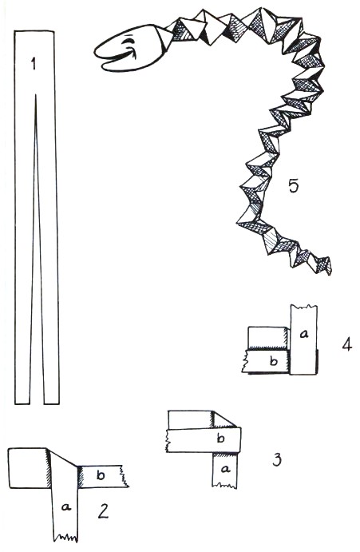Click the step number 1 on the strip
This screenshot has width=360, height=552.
(x=34, y=64)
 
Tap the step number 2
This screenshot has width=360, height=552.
(x=103, y=510)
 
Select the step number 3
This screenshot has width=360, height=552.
(x=277, y=459)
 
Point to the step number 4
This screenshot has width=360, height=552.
(x=347, y=344)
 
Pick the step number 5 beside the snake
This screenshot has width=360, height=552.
(x=294, y=185)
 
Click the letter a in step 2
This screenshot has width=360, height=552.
(x=65, y=506)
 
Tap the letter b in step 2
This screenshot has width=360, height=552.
(x=101, y=475)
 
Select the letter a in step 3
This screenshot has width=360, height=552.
(x=226, y=469)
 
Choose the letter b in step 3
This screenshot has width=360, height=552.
(x=220, y=439)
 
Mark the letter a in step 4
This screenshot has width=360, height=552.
(x=304, y=333)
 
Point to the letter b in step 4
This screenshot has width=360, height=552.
(x=274, y=361)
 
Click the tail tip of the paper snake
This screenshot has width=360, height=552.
(x=330, y=272)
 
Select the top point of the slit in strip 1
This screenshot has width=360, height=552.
(x=36, y=94)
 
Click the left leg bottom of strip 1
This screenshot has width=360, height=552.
(x=22, y=403)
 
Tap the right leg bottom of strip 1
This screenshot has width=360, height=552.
(x=51, y=403)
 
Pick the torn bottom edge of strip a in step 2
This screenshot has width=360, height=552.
(x=65, y=538)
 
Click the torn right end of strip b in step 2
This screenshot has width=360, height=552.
(x=125, y=476)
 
